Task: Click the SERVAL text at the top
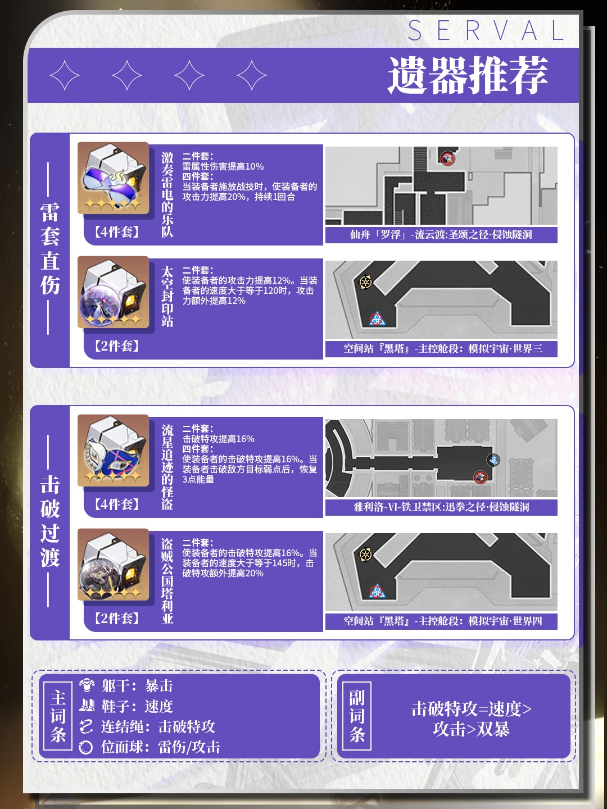(486, 30)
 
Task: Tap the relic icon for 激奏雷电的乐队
(113, 178)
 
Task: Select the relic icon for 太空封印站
(113, 292)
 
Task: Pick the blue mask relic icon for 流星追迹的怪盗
(113, 451)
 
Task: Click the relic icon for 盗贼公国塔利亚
(113, 564)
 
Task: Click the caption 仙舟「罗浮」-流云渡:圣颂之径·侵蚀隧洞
(441, 235)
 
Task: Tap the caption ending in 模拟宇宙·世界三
(443, 349)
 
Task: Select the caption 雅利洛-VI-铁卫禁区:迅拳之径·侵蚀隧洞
(441, 507)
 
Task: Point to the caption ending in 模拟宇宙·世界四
(443, 621)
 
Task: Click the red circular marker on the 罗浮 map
(448, 158)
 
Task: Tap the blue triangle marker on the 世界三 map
(377, 319)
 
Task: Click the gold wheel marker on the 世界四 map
(365, 555)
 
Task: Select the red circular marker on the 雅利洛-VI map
(480, 478)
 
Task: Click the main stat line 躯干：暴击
(126, 687)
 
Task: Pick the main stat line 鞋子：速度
(126, 707)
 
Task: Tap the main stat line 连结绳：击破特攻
(147, 727)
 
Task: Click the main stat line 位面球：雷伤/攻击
(150, 747)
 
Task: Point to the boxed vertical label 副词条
(357, 716)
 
